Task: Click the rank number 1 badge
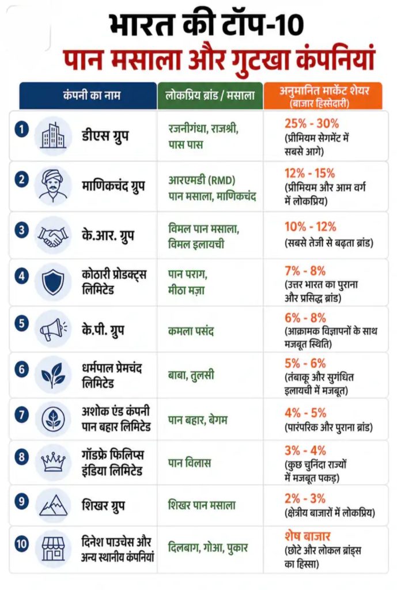click(x=21, y=130)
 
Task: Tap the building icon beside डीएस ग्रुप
click(x=53, y=136)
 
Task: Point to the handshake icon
click(x=53, y=236)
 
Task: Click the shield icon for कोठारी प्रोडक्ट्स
click(x=53, y=283)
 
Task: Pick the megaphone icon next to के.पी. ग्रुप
click(x=53, y=330)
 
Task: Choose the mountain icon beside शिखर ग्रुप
click(x=53, y=505)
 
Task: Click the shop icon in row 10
click(x=53, y=548)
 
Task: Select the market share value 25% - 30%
click(x=312, y=123)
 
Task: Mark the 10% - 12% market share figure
click(x=311, y=227)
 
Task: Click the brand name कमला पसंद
click(x=191, y=331)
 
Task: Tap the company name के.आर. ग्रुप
click(x=108, y=236)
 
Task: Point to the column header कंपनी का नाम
click(x=92, y=95)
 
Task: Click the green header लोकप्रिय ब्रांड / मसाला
click(x=210, y=95)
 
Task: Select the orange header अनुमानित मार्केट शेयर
click(x=324, y=90)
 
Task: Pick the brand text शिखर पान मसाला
click(x=202, y=505)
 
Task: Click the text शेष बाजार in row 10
click(x=308, y=536)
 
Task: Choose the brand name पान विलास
click(x=189, y=463)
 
